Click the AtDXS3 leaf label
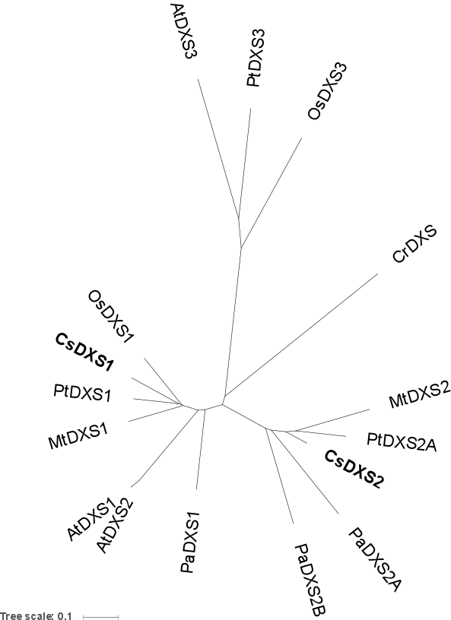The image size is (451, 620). pyautogui.click(x=184, y=31)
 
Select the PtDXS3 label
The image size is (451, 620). pyautogui.click(x=255, y=58)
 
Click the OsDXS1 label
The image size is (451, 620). pyautogui.click(x=111, y=316)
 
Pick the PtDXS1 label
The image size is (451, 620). pyautogui.click(x=82, y=393)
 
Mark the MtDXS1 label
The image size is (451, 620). pyautogui.click(x=78, y=436)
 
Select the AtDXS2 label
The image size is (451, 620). pyautogui.click(x=115, y=527)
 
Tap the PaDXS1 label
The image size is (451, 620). pyautogui.click(x=190, y=542)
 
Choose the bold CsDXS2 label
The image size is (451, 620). pyautogui.click(x=354, y=470)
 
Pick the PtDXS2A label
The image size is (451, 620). pyautogui.click(x=402, y=442)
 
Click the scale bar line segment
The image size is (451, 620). pyautogui.click(x=100, y=616)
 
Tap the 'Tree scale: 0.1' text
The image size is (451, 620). pyautogui.click(x=36, y=615)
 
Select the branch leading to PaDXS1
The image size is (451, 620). pyautogui.click(x=201, y=450)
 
